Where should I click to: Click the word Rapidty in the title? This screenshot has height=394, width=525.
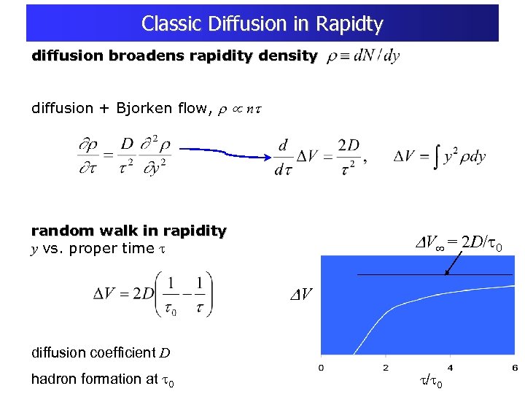coord(350,24)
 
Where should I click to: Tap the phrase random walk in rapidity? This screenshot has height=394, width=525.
coord(128,231)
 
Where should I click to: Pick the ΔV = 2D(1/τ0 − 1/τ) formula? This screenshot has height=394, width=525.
coord(152,294)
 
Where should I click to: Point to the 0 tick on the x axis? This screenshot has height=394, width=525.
coord(322,366)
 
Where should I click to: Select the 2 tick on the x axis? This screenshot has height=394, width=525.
coord(386,366)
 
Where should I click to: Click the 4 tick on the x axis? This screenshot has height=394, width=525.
coord(450,366)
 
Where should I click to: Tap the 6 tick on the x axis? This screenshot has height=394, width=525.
coord(514,366)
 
